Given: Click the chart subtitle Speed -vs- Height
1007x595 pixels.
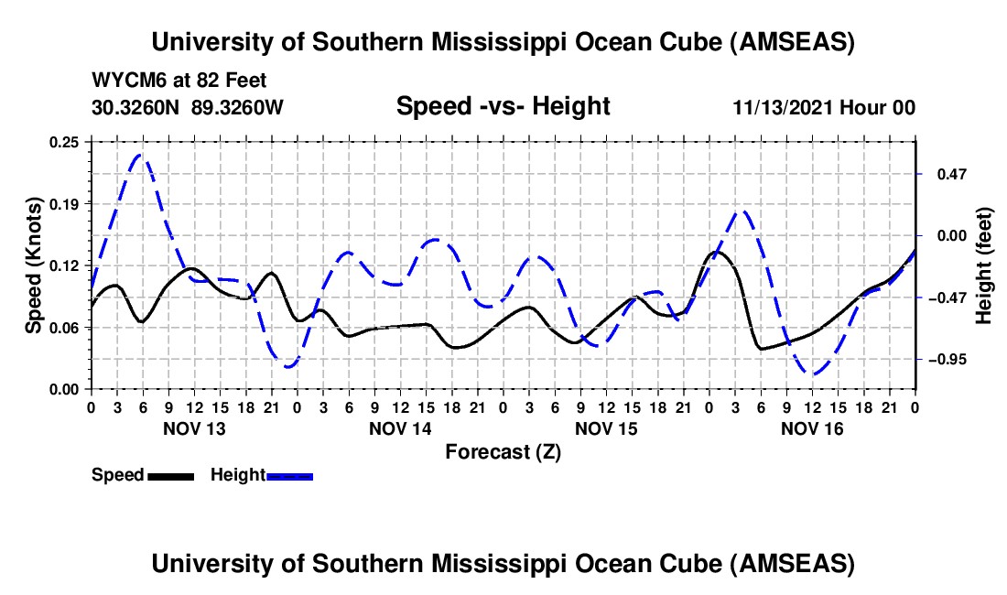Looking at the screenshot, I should coord(503,106).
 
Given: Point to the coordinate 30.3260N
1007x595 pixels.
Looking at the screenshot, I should coord(137,107).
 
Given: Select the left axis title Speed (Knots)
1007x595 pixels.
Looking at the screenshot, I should coord(34,265).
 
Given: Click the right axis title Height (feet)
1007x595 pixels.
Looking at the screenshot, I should coord(984,265).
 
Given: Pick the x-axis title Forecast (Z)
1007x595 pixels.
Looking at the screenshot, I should coord(503,451).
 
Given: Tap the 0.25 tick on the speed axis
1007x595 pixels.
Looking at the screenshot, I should coord(65,142).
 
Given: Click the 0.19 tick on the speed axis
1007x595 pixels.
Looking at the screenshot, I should coord(65,203).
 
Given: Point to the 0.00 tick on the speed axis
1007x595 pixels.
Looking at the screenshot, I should coord(65,389).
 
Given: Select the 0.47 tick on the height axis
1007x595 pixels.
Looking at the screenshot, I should coord(944,173).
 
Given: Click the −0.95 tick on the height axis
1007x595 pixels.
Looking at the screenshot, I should coord(946,360).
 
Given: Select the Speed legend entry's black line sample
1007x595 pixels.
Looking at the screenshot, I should coord(170,475).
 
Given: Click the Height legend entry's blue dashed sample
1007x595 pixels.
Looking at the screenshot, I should coord(290,475).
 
